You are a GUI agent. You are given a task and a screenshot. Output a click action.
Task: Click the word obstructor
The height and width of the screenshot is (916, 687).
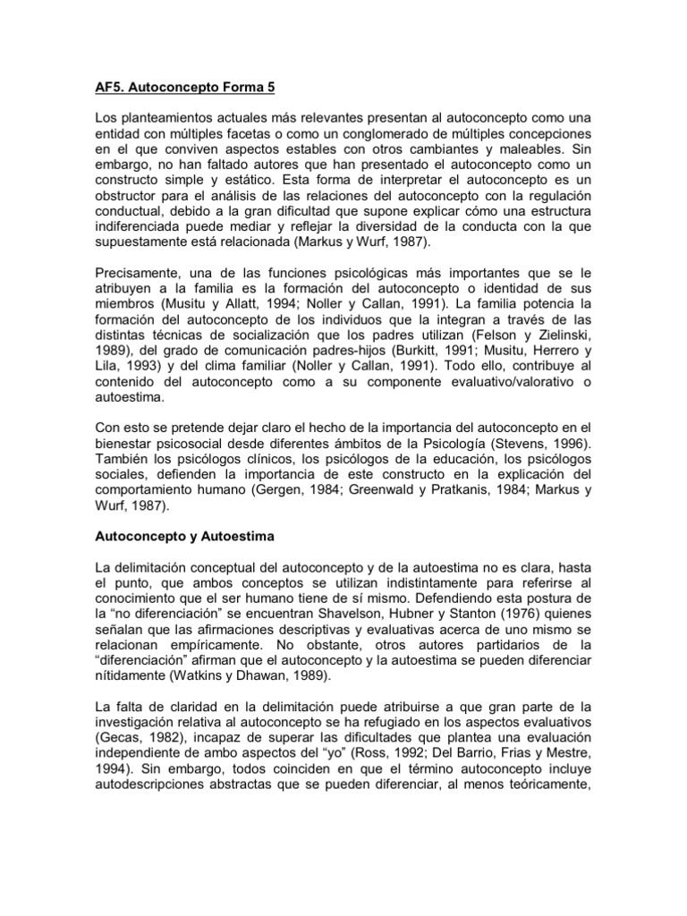pyautogui.click(x=131, y=199)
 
